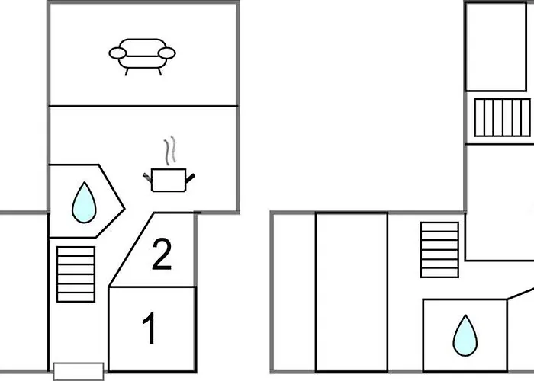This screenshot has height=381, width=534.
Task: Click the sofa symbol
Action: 143,55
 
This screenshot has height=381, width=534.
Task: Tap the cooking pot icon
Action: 169,180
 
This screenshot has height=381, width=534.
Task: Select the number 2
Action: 161,255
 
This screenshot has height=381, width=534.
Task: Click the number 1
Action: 150,329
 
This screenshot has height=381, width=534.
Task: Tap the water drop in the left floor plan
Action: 83,203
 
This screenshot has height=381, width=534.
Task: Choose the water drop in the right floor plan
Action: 464,336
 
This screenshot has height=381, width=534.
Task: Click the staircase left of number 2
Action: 76,274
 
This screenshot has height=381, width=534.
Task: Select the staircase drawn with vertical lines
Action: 501,117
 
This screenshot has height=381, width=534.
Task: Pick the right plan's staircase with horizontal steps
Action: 439,249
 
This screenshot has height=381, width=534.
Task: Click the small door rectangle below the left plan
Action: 78,371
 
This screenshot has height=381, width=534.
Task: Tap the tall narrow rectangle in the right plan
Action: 351,292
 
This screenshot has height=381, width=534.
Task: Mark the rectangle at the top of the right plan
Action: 496,46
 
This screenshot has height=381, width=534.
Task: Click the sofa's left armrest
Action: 118,53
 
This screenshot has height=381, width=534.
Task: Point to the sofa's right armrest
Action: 167,53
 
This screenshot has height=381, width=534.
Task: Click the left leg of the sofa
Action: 126,71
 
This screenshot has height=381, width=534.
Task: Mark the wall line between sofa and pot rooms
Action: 143,106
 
